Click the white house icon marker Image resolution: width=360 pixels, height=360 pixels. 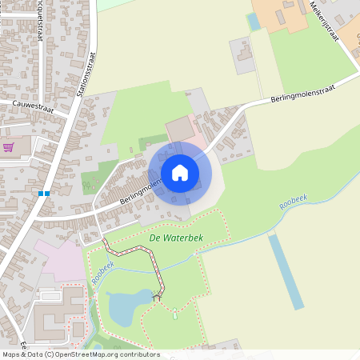[x=180, y=173]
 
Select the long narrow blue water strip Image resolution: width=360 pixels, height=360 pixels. [x=286, y=272]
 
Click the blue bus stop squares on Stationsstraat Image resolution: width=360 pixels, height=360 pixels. [x=43, y=193]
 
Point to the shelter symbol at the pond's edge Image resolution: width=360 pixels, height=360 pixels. [x=157, y=298]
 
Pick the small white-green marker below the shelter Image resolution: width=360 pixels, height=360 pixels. [x=174, y=315]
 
